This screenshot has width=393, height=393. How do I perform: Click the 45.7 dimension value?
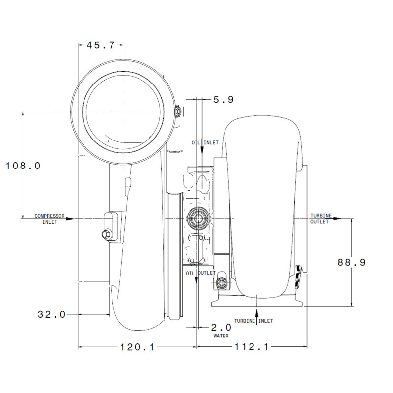point(101,45)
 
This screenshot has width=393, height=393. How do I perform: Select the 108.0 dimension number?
point(23,166)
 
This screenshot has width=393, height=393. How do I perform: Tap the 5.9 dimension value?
point(224,100)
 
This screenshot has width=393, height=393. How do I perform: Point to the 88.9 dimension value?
point(351,262)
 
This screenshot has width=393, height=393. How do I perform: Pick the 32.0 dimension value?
point(52,314)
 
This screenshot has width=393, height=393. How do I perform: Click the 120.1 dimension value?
point(138,347)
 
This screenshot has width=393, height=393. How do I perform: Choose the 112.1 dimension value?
point(252,347)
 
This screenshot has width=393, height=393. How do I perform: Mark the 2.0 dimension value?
point(221,327)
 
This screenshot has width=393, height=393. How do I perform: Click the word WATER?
point(221,336)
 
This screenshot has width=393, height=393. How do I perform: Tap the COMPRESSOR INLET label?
point(50,219)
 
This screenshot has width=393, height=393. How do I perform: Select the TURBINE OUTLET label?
point(321,219)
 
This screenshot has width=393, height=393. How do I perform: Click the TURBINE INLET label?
point(253,321)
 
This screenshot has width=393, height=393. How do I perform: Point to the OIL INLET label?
point(205,142)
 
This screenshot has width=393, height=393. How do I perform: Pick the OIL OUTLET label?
point(200,273)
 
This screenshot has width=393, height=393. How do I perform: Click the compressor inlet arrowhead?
point(70,219)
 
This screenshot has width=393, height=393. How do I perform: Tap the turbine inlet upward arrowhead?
point(256,312)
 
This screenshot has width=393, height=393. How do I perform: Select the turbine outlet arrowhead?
point(337,218)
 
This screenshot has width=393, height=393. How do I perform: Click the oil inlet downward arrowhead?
point(202,151)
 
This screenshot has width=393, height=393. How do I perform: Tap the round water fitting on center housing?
point(198,218)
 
